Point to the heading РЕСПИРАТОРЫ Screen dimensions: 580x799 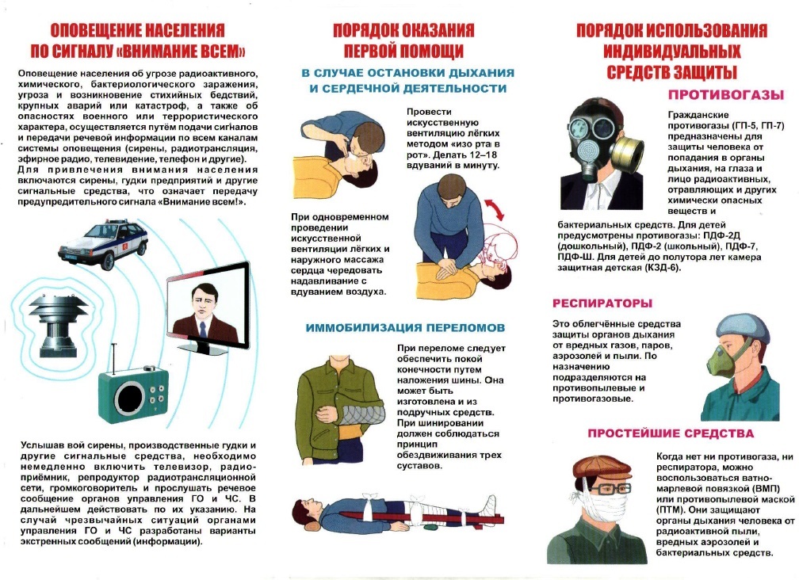pos(602,303)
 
